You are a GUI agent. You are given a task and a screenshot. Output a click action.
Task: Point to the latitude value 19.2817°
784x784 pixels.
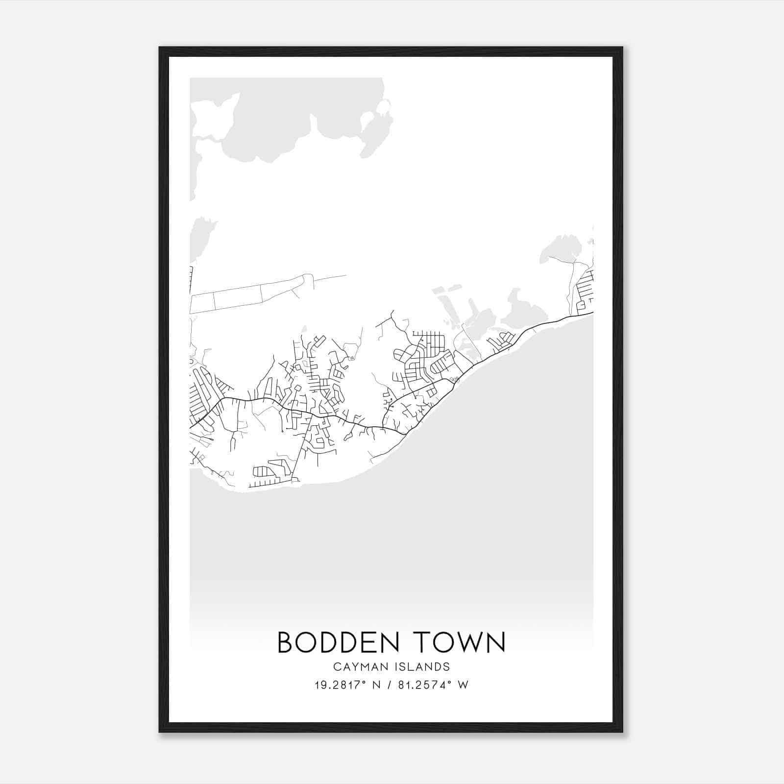pyautogui.click(x=340, y=685)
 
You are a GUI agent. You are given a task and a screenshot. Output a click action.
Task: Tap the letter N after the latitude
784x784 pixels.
pyautogui.click(x=376, y=685)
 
